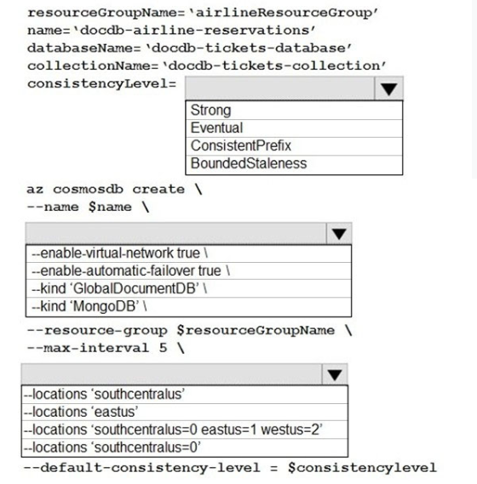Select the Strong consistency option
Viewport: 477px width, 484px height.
(211, 111)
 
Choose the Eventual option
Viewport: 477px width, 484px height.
(216, 128)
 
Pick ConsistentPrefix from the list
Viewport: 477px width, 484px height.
(241, 145)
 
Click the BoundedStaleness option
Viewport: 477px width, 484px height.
(249, 163)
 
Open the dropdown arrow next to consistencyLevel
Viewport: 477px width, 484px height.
(389, 89)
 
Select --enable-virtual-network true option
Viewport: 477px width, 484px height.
(119, 253)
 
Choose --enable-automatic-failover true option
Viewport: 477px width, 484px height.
(130, 271)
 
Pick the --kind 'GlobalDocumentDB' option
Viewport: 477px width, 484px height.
(119, 288)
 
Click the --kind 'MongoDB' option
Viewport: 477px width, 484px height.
(89, 306)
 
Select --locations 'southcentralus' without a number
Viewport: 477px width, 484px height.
(104, 394)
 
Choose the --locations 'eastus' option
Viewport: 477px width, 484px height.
(81, 412)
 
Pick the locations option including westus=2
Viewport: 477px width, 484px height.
(173, 430)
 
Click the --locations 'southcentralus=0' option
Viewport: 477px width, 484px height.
(112, 447)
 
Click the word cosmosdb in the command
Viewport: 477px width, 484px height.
(88, 189)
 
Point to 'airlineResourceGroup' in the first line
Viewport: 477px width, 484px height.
(284, 13)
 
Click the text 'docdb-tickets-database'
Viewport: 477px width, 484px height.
(248, 48)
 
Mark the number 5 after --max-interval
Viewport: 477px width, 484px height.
(163, 348)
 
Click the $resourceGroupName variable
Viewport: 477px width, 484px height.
(256, 330)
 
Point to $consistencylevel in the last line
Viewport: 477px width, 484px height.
(362, 468)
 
